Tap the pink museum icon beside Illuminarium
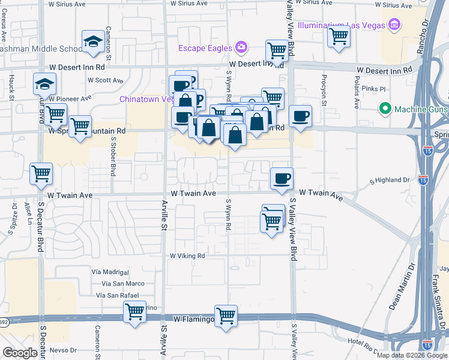(x=394, y=25)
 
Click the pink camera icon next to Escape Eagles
(x=241, y=47)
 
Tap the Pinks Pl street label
(x=373, y=89)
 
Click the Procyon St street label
(x=324, y=91)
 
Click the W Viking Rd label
(x=187, y=256)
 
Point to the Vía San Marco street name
(x=123, y=283)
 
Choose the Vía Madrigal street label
(x=110, y=272)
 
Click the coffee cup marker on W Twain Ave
(x=282, y=178)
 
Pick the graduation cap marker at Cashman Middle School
(x=92, y=41)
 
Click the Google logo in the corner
(x=20, y=353)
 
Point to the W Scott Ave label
(x=105, y=80)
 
